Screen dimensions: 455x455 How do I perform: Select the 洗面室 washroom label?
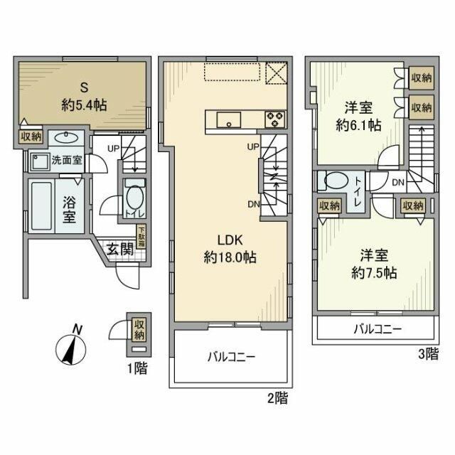(x=66, y=160)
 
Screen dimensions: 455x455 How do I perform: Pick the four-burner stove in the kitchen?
(x=274, y=119)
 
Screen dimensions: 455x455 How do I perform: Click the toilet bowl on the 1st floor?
(x=133, y=195)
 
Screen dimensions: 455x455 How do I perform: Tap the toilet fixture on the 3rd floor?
(x=333, y=182)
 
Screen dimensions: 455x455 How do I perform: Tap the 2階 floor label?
(x=279, y=399)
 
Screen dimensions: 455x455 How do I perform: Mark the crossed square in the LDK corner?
(x=275, y=73)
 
